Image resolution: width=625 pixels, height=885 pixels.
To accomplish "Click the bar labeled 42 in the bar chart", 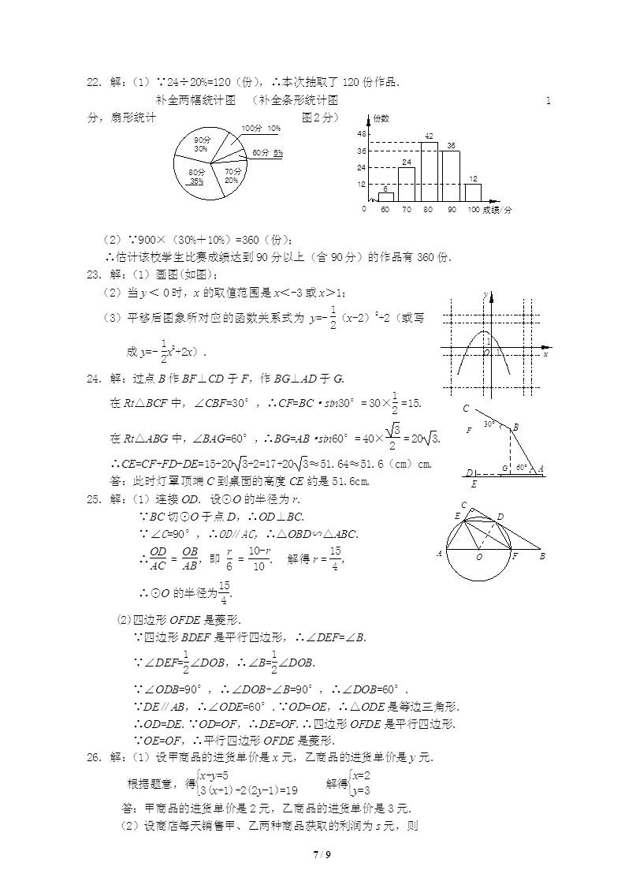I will (429, 172).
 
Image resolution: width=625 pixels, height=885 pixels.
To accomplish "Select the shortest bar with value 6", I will (385, 197).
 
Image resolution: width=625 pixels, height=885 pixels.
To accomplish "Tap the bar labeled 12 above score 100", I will (473, 192).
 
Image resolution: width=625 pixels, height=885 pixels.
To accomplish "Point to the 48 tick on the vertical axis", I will (362, 134).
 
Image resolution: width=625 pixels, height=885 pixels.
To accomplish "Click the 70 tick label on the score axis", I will (407, 210).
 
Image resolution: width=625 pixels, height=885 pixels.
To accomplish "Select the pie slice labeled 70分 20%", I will (231, 175).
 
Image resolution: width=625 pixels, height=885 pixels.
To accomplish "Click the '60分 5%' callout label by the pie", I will (268, 152).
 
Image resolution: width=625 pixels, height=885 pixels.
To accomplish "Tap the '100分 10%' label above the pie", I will (261, 128).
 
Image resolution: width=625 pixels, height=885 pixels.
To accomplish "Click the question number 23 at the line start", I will (95, 274).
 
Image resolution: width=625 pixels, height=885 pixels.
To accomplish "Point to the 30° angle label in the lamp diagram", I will (489, 424).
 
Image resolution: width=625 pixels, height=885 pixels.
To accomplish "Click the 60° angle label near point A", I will (521, 467).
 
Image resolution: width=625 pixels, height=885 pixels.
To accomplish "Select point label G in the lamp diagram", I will (504, 469).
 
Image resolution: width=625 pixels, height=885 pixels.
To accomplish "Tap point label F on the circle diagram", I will (515, 556).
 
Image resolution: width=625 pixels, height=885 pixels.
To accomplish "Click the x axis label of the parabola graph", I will (545, 354).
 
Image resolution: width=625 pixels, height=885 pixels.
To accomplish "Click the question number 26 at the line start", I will (95, 757).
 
